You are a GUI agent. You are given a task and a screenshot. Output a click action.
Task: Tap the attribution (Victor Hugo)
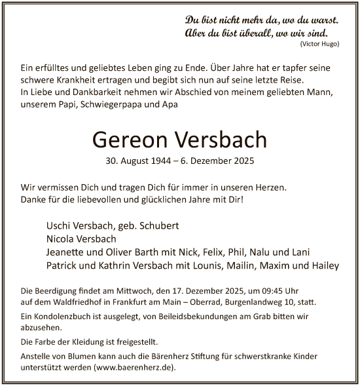click(x=319, y=43)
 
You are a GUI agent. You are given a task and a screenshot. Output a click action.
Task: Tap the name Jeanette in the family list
click(x=69, y=252)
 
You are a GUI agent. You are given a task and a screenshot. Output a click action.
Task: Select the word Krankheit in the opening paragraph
click(x=77, y=79)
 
